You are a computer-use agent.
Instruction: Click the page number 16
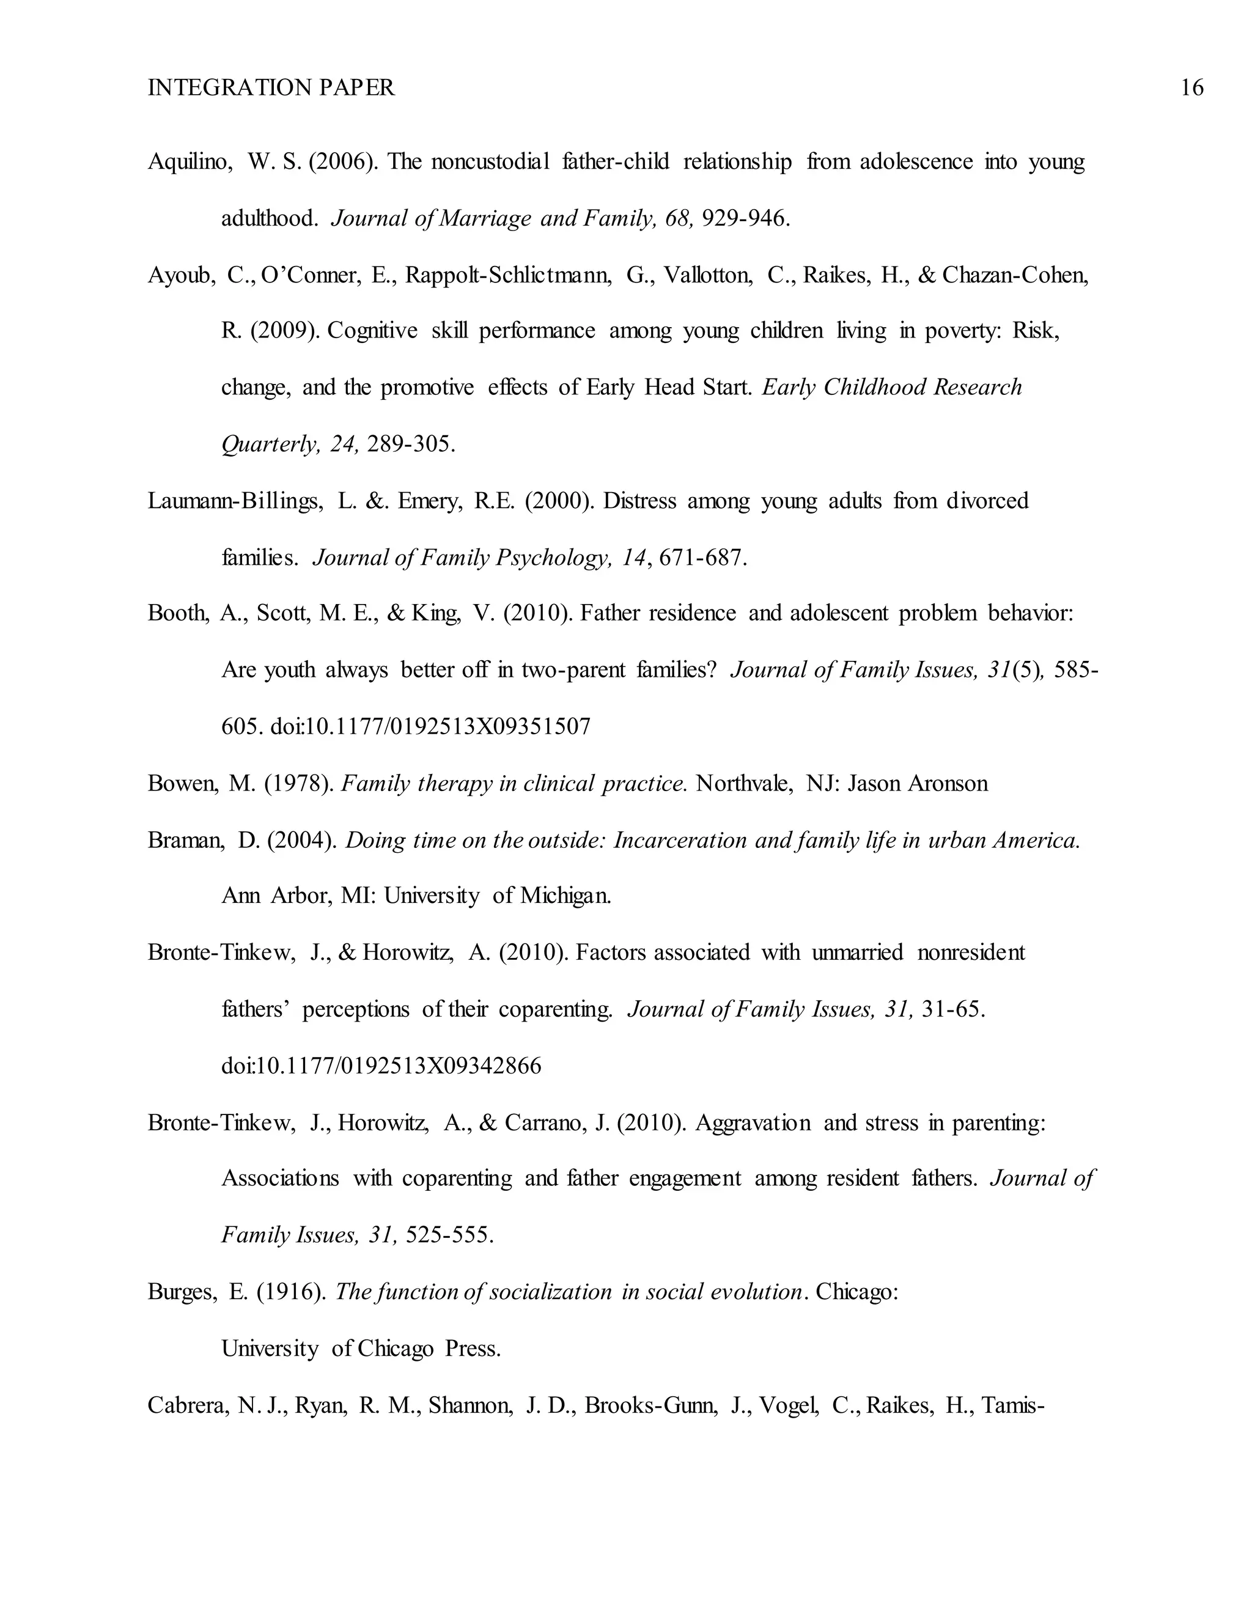1191,87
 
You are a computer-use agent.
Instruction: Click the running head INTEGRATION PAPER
271,87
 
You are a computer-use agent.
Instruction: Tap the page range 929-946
744,218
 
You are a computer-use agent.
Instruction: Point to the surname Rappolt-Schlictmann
508,275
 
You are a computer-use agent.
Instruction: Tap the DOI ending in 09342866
381,1067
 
